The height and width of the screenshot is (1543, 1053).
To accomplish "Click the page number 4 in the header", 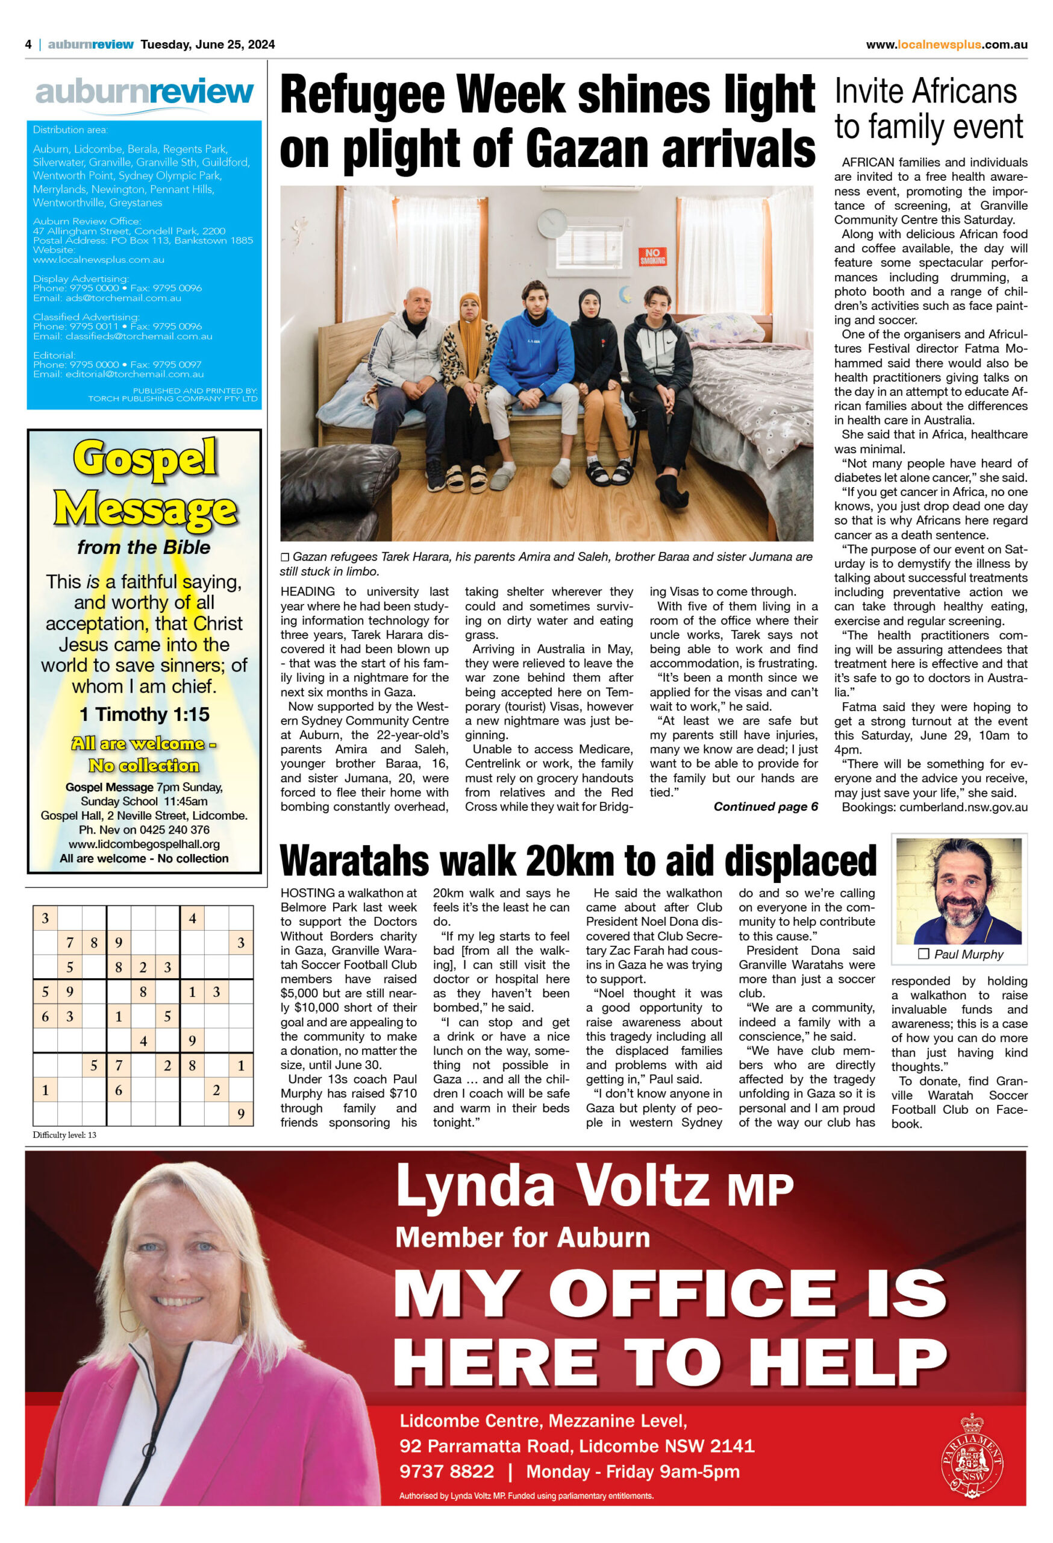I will pos(28,45).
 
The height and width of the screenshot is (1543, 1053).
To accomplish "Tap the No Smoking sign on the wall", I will pos(652,256).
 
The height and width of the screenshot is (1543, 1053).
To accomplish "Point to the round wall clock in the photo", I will pos(551,223).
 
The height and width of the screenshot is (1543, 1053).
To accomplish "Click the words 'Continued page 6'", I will pos(765,806).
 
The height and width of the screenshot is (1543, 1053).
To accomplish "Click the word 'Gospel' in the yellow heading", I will pos(145,458).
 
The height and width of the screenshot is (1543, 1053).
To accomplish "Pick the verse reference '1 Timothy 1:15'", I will pos(144,714).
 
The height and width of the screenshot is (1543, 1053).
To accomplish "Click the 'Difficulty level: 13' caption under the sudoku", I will pos(64,1135).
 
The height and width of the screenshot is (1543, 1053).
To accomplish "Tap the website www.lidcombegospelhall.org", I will pos(144,844).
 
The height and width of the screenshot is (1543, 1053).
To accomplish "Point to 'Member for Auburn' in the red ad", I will pos(522,1237).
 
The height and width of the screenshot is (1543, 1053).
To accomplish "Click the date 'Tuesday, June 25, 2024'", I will pos(208,45).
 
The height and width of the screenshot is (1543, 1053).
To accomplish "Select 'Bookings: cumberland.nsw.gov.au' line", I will pos(934,806).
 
